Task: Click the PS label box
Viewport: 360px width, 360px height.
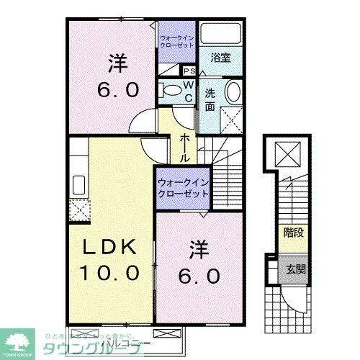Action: tap(190, 71)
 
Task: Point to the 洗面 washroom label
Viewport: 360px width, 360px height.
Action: tap(210, 99)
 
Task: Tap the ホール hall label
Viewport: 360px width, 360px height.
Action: tap(185, 147)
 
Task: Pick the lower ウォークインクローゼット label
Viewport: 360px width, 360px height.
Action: tap(183, 189)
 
